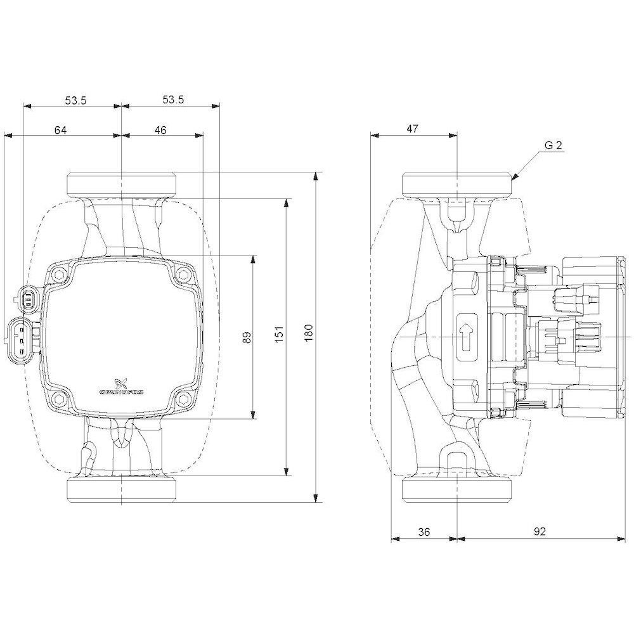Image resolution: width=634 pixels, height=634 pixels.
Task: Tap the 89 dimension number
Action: pyautogui.click(x=247, y=337)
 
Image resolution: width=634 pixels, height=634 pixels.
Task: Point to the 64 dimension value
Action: pyautogui.click(x=60, y=130)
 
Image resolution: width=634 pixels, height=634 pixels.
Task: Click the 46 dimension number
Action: pyautogui.click(x=160, y=130)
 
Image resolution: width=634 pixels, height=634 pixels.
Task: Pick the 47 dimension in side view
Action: pyautogui.click(x=413, y=129)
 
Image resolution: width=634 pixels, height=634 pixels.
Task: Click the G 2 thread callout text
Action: pyautogui.click(x=553, y=145)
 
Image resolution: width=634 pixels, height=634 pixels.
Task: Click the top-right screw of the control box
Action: pyautogui.click(x=183, y=275)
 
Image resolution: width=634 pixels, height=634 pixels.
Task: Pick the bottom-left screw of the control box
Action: pyautogui.click(x=60, y=398)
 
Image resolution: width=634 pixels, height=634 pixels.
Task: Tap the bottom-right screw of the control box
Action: pyautogui.click(x=183, y=398)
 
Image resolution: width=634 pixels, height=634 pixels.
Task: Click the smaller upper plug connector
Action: pyautogui.click(x=27, y=299)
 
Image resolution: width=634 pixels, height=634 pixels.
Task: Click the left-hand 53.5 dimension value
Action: pyautogui.click(x=75, y=100)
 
